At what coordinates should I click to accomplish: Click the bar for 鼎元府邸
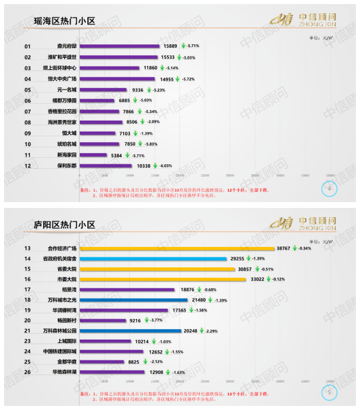coord(119,46)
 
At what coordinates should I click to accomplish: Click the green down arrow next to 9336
coord(149,90)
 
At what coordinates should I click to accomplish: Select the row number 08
coord(27,122)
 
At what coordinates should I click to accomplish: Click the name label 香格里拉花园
coord(62,111)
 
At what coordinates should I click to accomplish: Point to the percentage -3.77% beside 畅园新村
coord(156,320)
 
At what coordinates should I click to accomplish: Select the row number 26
coord(27,372)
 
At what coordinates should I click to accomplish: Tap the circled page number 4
coord(330,189)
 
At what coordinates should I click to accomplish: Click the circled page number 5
coord(330,393)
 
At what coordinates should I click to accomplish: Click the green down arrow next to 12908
coord(166,372)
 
